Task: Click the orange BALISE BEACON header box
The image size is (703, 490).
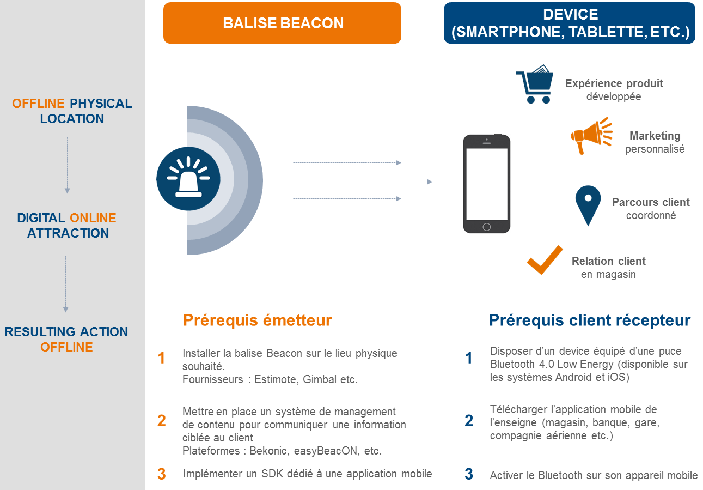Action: click(282, 23)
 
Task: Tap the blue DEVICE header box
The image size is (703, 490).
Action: click(569, 23)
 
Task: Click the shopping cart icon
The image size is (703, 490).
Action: click(535, 84)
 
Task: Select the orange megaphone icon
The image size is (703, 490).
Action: click(591, 136)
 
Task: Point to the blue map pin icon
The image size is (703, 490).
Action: click(588, 205)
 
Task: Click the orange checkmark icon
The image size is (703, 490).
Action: click(545, 260)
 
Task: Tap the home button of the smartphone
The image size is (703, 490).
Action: click(486, 227)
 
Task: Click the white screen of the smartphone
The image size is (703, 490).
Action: click(487, 184)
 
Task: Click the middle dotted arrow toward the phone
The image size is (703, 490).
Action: click(371, 182)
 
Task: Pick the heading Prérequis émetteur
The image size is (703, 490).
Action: click(258, 320)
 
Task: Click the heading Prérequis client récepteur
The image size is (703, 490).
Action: click(590, 320)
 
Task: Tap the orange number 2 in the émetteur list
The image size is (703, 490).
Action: click(161, 421)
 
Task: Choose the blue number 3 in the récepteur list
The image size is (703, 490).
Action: click(469, 474)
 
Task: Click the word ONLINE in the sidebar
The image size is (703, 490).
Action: click(93, 218)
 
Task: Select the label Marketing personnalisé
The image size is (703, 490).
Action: click(655, 142)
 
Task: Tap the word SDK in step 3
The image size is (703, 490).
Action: click(273, 473)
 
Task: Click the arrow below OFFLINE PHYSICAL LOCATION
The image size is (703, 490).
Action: click(67, 165)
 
